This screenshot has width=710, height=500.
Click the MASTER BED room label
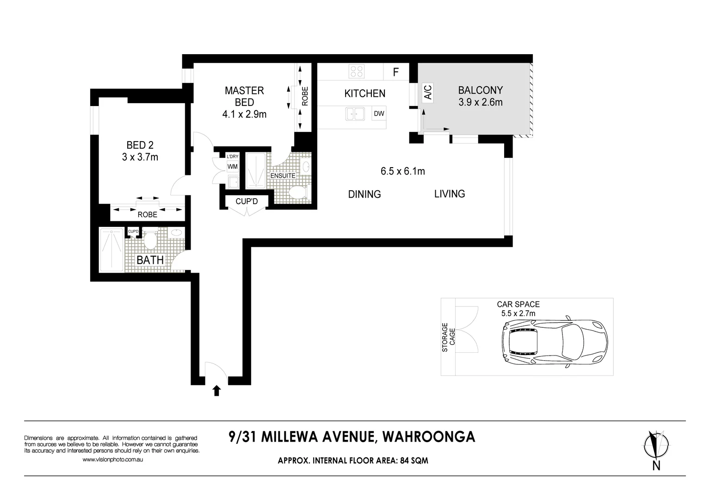click(x=244, y=96)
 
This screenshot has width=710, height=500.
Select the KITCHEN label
click(x=364, y=94)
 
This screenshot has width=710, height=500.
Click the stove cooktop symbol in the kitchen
click(x=357, y=71)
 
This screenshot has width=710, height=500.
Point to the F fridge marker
click(x=396, y=72)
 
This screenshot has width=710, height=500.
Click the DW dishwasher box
click(x=379, y=113)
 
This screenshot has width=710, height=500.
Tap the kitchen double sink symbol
click(x=355, y=113)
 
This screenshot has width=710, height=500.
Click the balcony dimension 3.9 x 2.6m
click(x=480, y=102)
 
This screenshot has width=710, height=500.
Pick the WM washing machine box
click(x=233, y=167)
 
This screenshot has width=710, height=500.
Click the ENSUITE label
click(x=283, y=176)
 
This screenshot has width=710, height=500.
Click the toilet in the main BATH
click(x=150, y=239)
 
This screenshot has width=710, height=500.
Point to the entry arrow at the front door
click(x=216, y=391)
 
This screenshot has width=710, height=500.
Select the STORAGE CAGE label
click(x=449, y=337)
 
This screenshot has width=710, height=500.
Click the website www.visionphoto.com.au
click(x=113, y=460)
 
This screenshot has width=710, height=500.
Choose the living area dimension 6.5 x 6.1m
click(x=402, y=171)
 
